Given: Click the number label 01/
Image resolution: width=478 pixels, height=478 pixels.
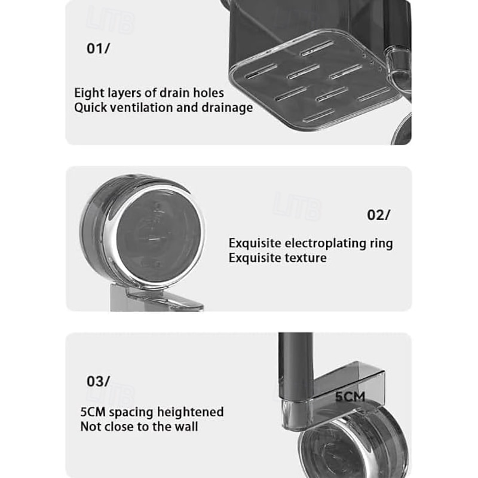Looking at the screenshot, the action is click(98, 48).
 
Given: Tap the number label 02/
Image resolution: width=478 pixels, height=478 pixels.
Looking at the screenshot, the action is click(378, 215).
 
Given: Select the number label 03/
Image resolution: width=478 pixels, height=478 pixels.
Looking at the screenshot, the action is click(98, 381).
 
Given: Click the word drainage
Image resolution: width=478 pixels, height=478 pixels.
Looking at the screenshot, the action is click(227, 108).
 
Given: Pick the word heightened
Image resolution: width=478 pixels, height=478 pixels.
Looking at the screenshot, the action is click(191, 412).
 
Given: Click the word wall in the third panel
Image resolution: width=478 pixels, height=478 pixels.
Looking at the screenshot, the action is click(186, 427).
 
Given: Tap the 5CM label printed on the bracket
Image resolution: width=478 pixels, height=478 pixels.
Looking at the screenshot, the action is click(350, 397).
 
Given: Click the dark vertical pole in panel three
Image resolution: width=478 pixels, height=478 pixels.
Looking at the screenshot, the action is click(295, 366).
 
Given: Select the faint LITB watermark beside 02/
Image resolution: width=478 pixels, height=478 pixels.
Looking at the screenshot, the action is click(296, 206).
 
